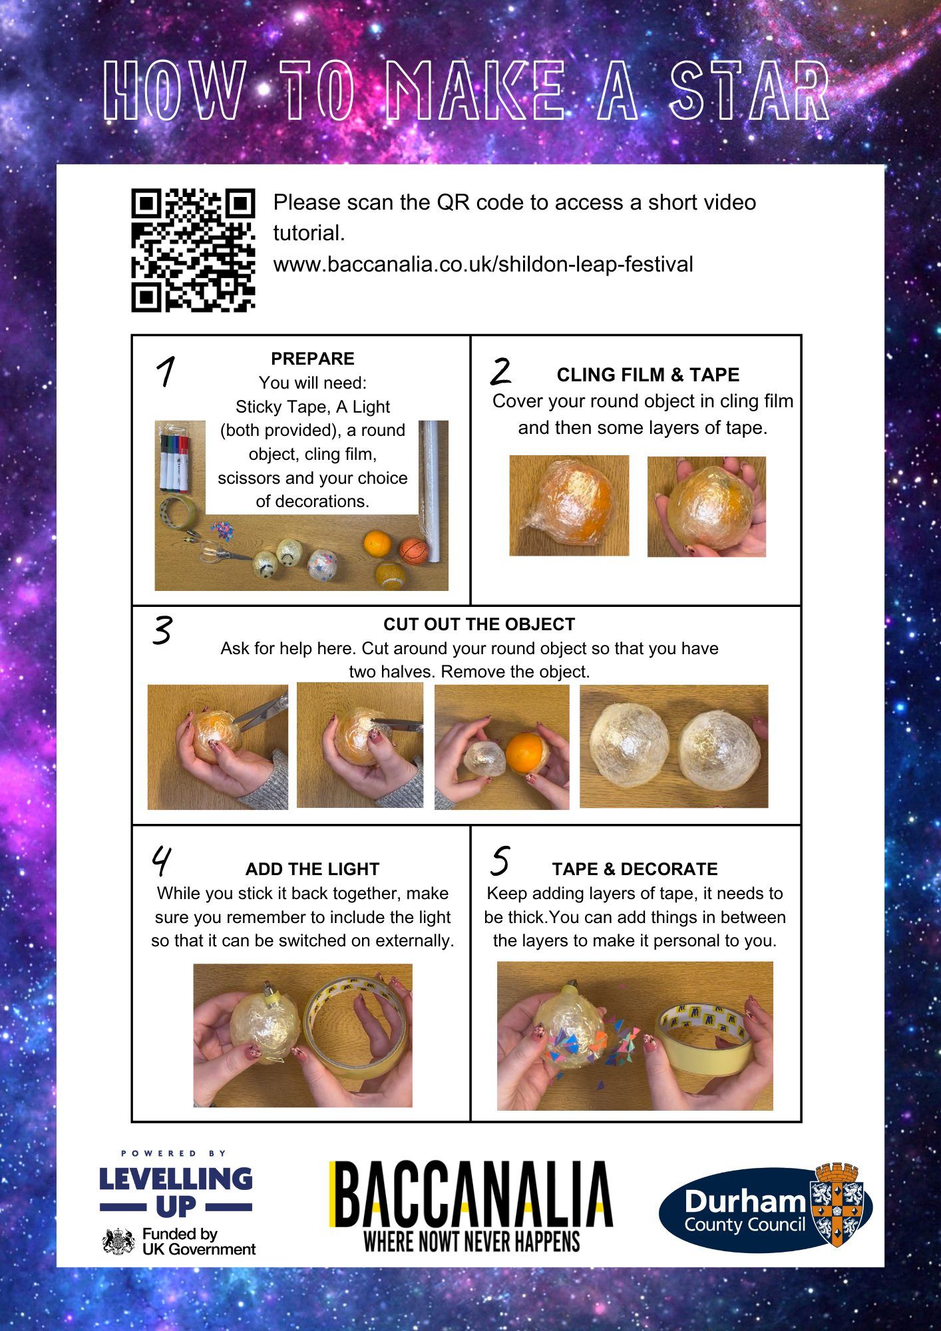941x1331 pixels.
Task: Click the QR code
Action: (194, 250)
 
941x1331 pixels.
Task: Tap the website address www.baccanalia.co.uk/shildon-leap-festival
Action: (483, 264)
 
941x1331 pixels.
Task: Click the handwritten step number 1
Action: (166, 371)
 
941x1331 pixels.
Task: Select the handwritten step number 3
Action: (162, 630)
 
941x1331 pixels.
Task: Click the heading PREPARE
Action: (313, 359)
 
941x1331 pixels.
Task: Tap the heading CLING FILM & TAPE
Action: (648, 375)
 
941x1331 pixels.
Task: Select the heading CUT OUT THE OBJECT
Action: (479, 624)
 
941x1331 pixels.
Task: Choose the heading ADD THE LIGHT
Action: (312, 869)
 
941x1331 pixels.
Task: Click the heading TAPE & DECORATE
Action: (635, 869)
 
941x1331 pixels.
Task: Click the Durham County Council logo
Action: (765, 1209)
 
